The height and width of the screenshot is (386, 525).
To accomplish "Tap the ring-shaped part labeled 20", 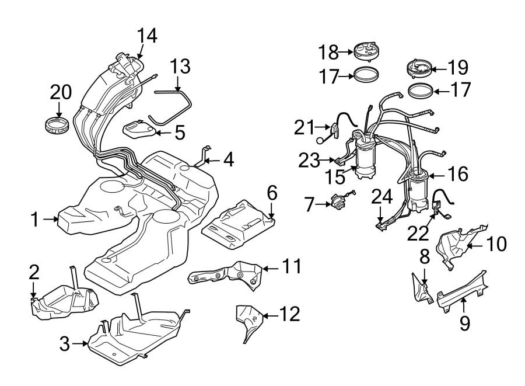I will click(x=58, y=124).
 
